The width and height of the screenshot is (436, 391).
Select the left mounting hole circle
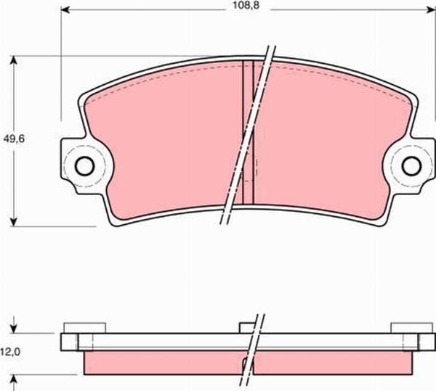pos(84,165)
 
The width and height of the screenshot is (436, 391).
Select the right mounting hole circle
pos(411,165)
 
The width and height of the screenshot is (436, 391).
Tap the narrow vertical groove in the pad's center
pos(248,131)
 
